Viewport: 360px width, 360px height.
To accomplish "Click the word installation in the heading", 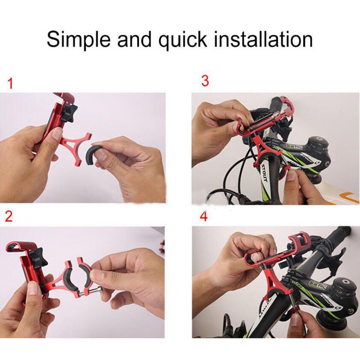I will (263, 39).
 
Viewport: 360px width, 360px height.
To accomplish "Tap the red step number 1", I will (10, 84).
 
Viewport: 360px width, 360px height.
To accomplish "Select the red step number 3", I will (205, 81).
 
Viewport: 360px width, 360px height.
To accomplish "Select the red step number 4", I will (204, 217).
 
